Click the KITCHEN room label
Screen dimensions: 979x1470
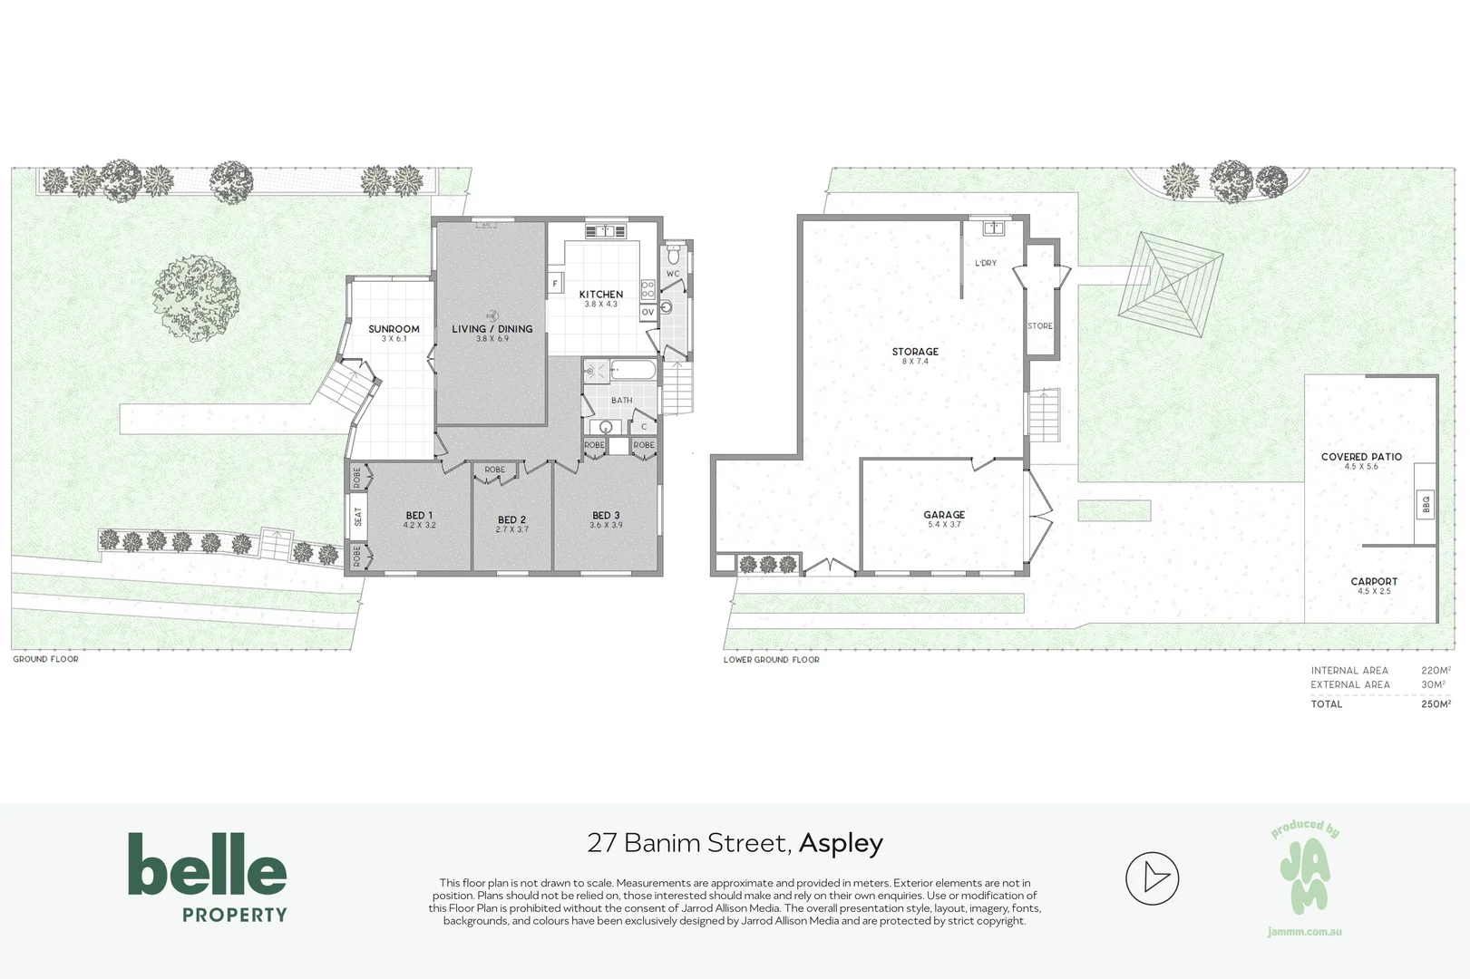600,295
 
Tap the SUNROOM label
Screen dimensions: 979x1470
394,329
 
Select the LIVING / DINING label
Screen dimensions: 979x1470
492,329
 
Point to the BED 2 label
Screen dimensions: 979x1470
511,520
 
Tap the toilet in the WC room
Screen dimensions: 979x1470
674,253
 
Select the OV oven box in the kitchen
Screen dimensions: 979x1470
647,312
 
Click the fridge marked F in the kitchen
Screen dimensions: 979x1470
554,285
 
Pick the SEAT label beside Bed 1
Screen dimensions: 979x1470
358,517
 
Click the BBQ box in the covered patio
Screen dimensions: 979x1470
1426,504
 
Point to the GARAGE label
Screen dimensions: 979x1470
944,515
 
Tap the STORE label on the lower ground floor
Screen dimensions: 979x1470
1039,326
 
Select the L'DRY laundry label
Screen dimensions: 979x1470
986,263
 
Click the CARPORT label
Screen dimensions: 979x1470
1374,582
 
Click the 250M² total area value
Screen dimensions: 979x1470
1436,704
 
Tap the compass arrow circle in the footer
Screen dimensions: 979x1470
1152,877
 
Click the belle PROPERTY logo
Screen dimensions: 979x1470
208,877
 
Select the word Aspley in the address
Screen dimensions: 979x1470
841,844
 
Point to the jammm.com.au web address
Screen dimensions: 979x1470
1305,932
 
